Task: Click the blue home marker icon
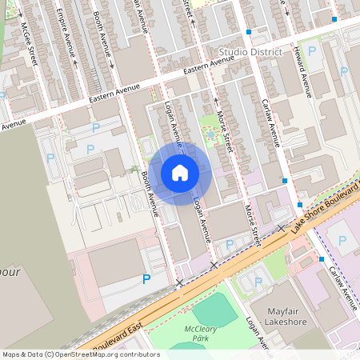pos(180,172)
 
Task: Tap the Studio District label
pos(250,52)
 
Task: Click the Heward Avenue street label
pos(303,67)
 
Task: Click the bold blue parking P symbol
pos(146,279)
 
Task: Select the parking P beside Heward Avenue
pos(312,50)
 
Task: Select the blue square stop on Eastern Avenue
pos(249,32)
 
